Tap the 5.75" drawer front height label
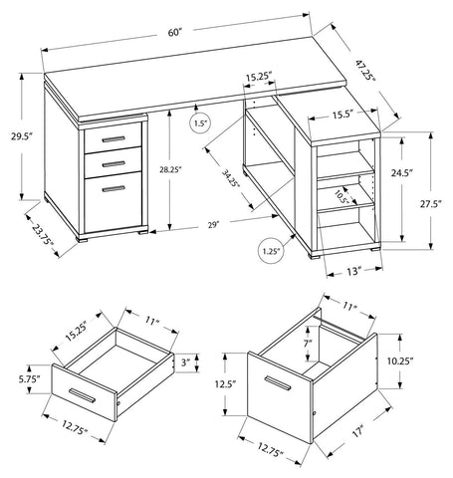tap(26, 379)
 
